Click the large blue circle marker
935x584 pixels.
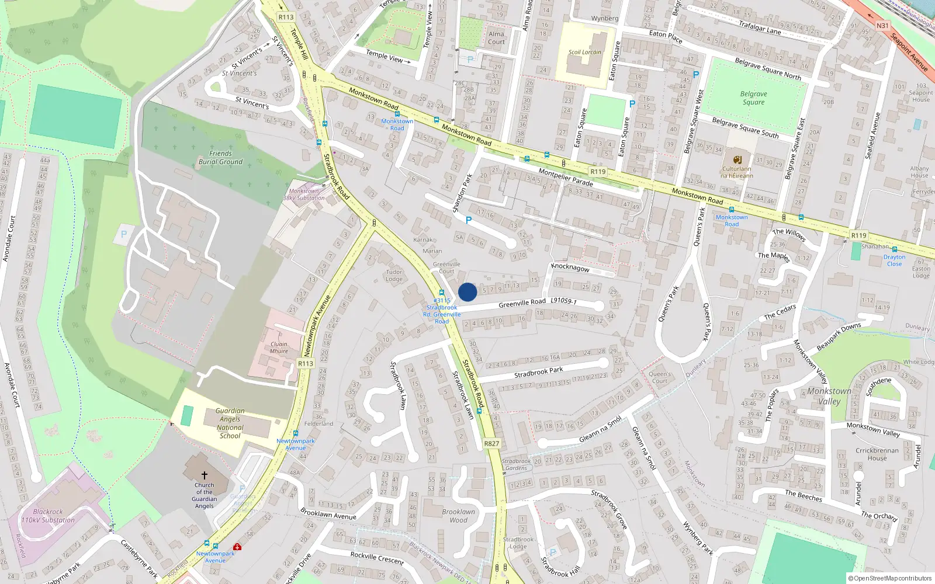(467, 292)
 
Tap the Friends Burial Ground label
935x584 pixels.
(220, 158)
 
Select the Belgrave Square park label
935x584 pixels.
(753, 98)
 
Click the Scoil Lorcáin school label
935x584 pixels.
(584, 52)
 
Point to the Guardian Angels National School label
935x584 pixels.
(230, 423)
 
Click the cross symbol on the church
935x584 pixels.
(205, 475)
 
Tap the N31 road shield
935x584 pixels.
(882, 26)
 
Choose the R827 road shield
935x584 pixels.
(491, 444)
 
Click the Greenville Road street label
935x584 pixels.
(522, 303)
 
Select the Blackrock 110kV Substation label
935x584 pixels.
(48, 516)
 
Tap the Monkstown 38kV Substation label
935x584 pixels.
(304, 194)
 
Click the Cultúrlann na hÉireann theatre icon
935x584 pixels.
(737, 160)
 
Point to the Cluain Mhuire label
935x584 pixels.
(279, 347)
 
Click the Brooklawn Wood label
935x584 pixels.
(458, 516)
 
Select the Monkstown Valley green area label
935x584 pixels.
(829, 396)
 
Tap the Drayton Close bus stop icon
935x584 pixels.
(894, 249)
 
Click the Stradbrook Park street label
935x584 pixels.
(538, 371)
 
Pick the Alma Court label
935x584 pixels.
(496, 38)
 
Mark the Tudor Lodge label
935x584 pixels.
(394, 275)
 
